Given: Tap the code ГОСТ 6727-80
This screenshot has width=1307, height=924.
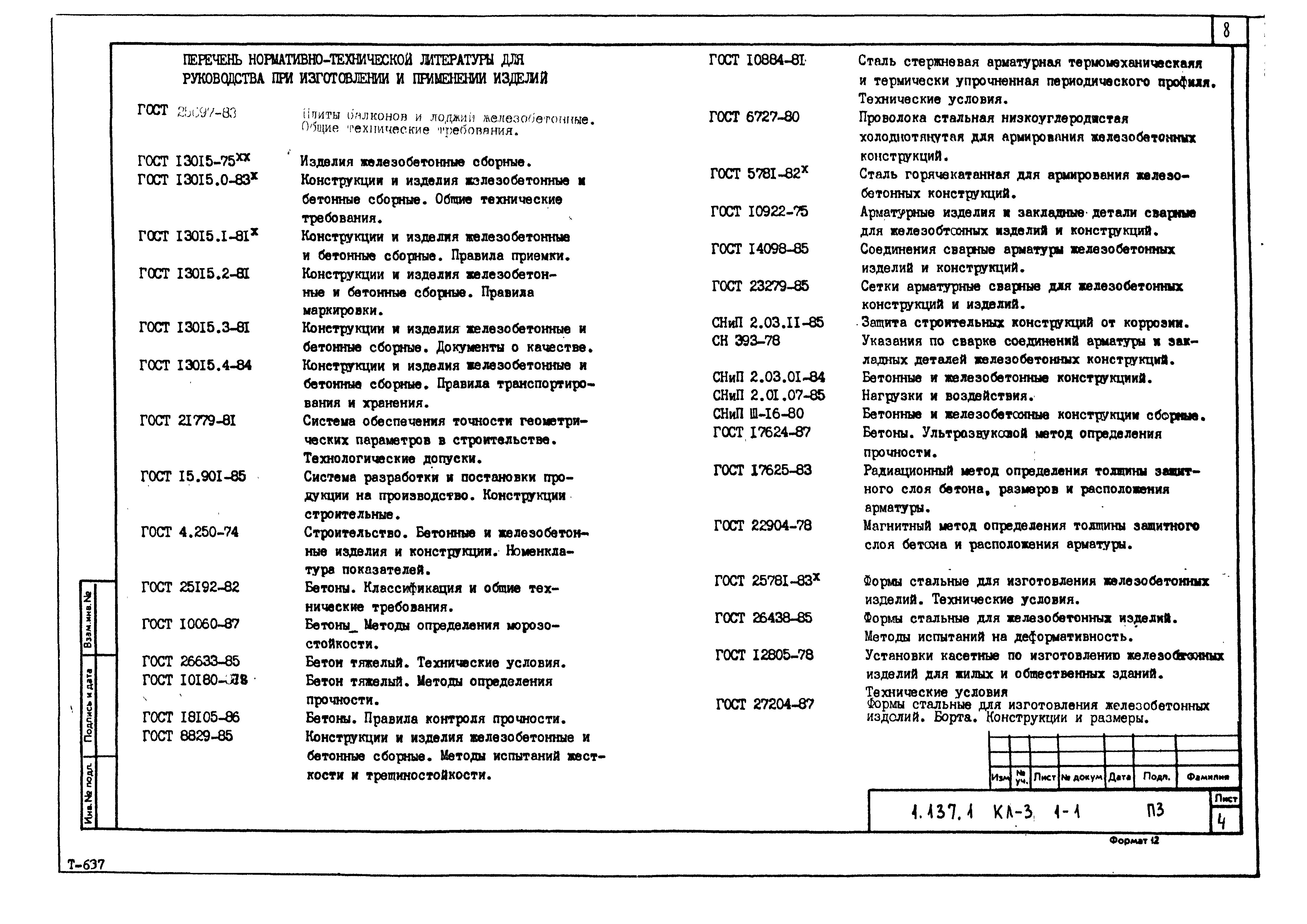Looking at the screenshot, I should [x=754, y=117].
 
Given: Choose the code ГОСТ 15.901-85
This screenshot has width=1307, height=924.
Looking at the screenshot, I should [x=194, y=476].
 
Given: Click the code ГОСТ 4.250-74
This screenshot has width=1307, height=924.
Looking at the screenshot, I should [x=190, y=532].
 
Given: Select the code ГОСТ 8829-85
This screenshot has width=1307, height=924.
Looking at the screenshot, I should [x=188, y=736].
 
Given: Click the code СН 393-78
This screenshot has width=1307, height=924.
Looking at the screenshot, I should [x=746, y=341].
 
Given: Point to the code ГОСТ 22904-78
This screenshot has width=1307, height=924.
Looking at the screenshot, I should [x=763, y=526].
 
